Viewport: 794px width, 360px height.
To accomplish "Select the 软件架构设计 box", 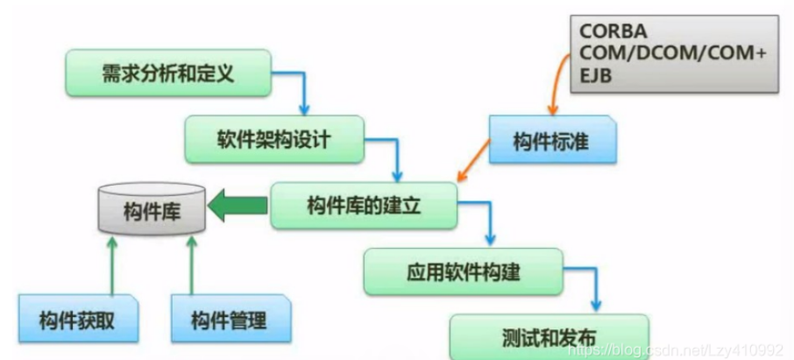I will click(274, 138).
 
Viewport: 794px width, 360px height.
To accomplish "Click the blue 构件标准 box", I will click(551, 141).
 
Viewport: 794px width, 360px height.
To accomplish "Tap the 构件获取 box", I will click(79, 319).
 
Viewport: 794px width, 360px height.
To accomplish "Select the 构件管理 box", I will click(230, 319).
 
